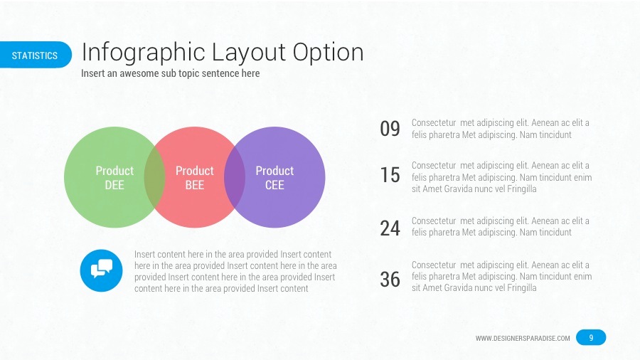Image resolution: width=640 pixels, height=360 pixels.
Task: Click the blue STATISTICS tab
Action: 35,55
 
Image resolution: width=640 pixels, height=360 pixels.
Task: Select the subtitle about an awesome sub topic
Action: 170,73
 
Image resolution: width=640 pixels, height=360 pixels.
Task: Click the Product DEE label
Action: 114,178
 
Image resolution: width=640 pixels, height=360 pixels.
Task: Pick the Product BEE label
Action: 194,178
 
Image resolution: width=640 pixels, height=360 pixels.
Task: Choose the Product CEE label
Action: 274,178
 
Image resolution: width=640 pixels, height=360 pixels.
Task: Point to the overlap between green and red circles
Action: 154,178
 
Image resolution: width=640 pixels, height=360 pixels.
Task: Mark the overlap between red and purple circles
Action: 235,178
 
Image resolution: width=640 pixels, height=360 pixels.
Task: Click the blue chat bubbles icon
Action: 102,270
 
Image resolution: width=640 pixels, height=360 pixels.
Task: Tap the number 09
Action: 390,129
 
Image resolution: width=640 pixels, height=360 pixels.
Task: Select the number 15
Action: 390,175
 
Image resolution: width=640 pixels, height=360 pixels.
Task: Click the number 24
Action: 390,228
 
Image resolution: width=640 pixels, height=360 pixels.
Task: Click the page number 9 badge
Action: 591,337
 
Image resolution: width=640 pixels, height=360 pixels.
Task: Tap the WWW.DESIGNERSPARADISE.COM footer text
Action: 523,338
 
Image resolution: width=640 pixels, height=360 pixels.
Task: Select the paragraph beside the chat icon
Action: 235,271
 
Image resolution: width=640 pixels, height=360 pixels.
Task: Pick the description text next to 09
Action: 500,129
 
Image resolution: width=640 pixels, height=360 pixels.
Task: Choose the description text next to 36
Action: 501,277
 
